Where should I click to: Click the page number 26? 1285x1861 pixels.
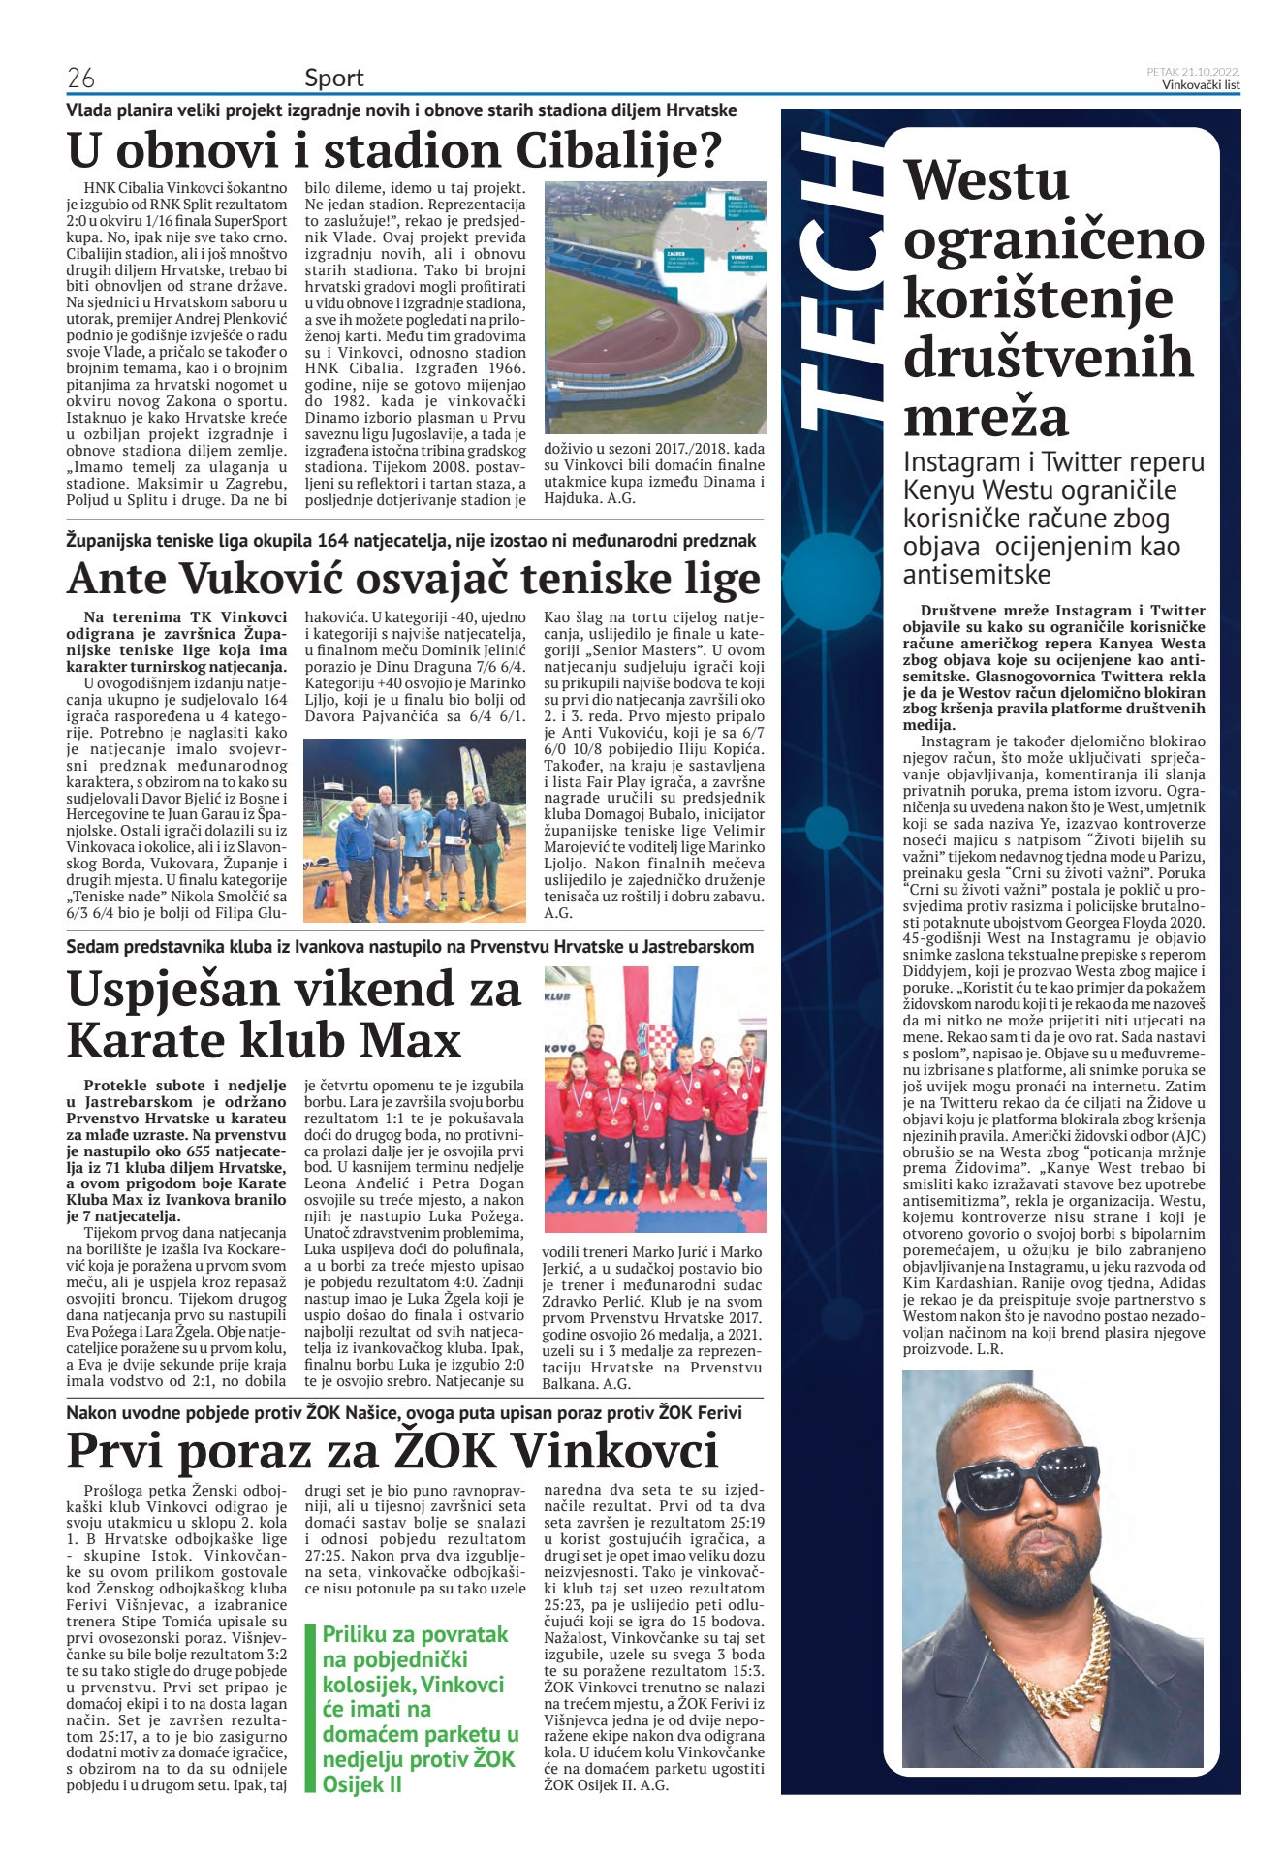(x=80, y=78)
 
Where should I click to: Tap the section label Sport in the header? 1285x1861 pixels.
(x=333, y=78)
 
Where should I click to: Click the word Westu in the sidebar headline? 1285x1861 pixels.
(x=987, y=181)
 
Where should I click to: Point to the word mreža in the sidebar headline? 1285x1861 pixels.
(x=986, y=417)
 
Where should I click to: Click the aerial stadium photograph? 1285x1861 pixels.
(x=654, y=307)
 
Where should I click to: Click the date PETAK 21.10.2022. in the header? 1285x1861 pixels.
(x=1193, y=72)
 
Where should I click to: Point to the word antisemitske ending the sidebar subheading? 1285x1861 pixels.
(x=976, y=575)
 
